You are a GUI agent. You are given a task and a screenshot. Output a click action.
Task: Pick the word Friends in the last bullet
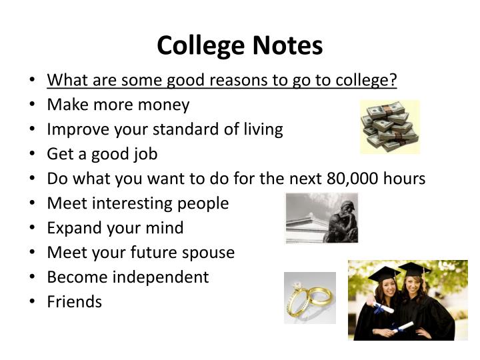(x=74, y=302)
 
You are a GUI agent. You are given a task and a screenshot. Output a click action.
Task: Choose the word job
(x=145, y=155)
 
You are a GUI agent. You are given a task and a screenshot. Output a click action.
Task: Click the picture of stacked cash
(x=390, y=127)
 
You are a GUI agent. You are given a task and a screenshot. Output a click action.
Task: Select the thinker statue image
(x=322, y=218)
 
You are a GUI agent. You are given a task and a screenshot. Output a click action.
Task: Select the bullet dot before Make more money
(x=34, y=105)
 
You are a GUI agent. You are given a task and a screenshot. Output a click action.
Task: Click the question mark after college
(x=393, y=81)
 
